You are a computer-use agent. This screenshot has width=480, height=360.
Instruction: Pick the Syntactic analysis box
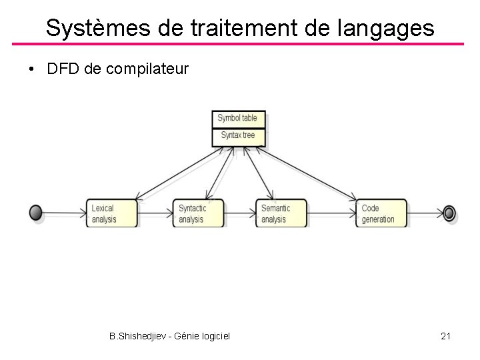click(x=197, y=213)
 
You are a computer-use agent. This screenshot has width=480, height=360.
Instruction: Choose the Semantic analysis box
click(x=281, y=213)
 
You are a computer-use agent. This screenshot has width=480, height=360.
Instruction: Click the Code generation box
click(x=381, y=213)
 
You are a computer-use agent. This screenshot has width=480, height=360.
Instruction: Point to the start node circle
click(x=36, y=213)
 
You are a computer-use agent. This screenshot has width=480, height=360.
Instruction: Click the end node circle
click(x=449, y=213)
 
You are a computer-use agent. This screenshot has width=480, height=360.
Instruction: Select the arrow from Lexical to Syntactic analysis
click(x=155, y=213)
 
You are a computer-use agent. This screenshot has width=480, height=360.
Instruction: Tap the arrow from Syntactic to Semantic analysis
click(x=239, y=213)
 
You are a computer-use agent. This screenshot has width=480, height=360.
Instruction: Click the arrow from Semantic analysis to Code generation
click(x=331, y=213)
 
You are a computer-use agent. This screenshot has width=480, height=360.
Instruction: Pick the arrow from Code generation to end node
click(x=425, y=213)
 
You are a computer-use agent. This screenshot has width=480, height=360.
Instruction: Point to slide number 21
click(x=446, y=336)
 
